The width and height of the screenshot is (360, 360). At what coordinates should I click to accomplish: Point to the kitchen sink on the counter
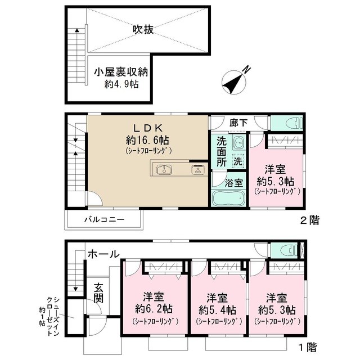coord(164,169)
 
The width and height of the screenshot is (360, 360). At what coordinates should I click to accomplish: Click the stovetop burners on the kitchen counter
coord(197,169)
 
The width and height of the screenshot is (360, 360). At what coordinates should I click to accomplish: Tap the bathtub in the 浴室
coord(228,199)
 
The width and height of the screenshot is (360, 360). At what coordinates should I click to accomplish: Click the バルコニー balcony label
coord(105,219)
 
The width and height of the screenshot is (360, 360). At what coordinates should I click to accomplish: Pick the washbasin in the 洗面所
coord(238,141)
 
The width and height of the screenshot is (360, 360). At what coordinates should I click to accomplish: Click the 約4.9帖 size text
coord(121,84)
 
